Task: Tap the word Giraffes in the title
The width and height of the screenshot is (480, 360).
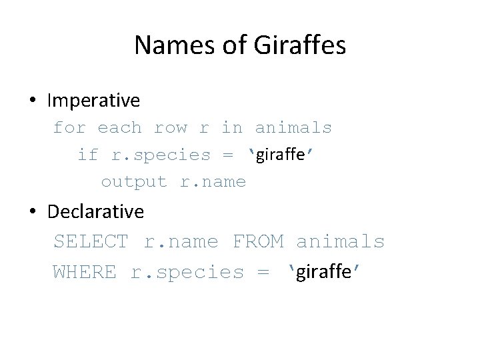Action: point(300,45)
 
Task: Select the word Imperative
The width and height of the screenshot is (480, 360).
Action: point(93,101)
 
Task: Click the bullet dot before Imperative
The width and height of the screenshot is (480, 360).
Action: point(33,101)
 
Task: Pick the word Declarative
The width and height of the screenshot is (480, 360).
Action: point(95,211)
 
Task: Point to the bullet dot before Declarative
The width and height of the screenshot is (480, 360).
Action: point(33,212)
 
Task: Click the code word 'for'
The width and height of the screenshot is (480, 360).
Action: point(69,127)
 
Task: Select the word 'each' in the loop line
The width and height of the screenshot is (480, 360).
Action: point(119,127)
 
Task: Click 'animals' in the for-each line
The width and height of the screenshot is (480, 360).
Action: point(293,127)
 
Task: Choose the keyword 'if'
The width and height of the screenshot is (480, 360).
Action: point(87,155)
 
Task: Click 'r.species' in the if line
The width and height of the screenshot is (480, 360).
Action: point(161,155)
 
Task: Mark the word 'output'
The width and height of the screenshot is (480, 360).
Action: point(133,181)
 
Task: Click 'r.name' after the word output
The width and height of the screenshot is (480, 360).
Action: point(213,181)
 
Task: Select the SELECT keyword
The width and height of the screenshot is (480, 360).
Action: point(91,241)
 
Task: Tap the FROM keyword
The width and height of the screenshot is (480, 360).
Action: point(258,241)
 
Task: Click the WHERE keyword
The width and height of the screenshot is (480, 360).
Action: point(84,272)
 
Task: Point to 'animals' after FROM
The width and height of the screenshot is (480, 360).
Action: point(341,241)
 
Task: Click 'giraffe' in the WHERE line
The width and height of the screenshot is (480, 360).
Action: point(323,272)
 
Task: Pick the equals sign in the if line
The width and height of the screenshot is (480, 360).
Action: point(228,155)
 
